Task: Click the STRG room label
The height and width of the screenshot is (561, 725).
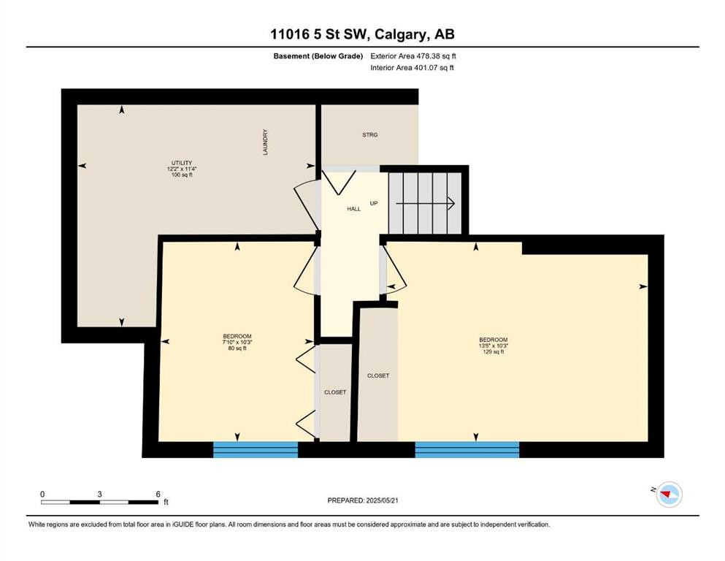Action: (x=370, y=135)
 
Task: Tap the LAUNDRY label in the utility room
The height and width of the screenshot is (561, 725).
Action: (x=266, y=142)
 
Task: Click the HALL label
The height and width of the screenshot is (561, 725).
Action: (x=353, y=209)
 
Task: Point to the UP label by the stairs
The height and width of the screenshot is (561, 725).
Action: (x=374, y=204)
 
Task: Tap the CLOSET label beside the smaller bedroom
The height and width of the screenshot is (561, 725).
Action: (x=335, y=392)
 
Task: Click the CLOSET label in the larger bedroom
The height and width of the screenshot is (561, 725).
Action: (x=378, y=375)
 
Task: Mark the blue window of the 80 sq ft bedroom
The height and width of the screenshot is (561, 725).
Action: (x=256, y=449)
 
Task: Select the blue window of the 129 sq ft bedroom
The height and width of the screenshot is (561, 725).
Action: (x=467, y=449)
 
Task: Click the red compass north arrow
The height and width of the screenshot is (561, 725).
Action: (x=666, y=495)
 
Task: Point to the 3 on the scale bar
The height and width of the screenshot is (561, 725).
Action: (x=99, y=494)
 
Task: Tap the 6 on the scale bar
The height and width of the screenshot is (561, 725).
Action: (x=158, y=494)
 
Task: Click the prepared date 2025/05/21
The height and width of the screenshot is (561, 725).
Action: (x=382, y=500)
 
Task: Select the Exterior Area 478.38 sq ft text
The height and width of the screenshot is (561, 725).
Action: (x=413, y=56)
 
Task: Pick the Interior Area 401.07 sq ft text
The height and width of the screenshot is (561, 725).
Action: (x=412, y=67)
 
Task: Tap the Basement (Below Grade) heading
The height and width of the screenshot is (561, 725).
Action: (x=318, y=56)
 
